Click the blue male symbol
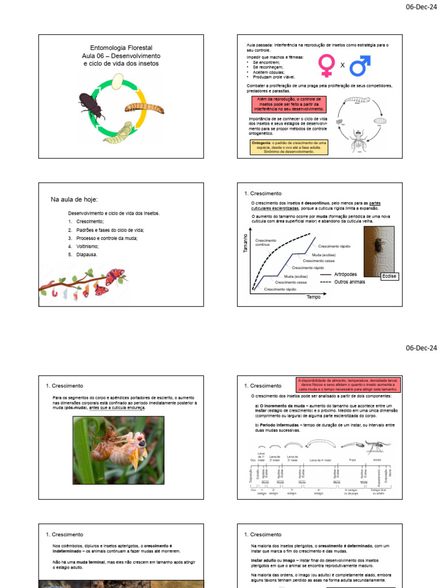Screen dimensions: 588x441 359,65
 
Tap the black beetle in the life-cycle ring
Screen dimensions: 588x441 92,105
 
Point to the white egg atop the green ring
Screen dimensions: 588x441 118,84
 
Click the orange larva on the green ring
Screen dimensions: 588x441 144,107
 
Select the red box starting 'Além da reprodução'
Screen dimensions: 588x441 288,104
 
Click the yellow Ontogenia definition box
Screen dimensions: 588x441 289,146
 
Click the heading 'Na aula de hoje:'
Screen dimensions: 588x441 75,199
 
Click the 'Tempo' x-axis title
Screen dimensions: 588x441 313,297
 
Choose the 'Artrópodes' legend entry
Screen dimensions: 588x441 345,274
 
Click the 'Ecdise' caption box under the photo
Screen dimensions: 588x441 389,276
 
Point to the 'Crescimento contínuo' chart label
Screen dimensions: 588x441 266,242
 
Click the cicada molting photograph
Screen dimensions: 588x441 118,442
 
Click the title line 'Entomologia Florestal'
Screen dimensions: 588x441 121,48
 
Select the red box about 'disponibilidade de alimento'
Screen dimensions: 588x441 347,385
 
